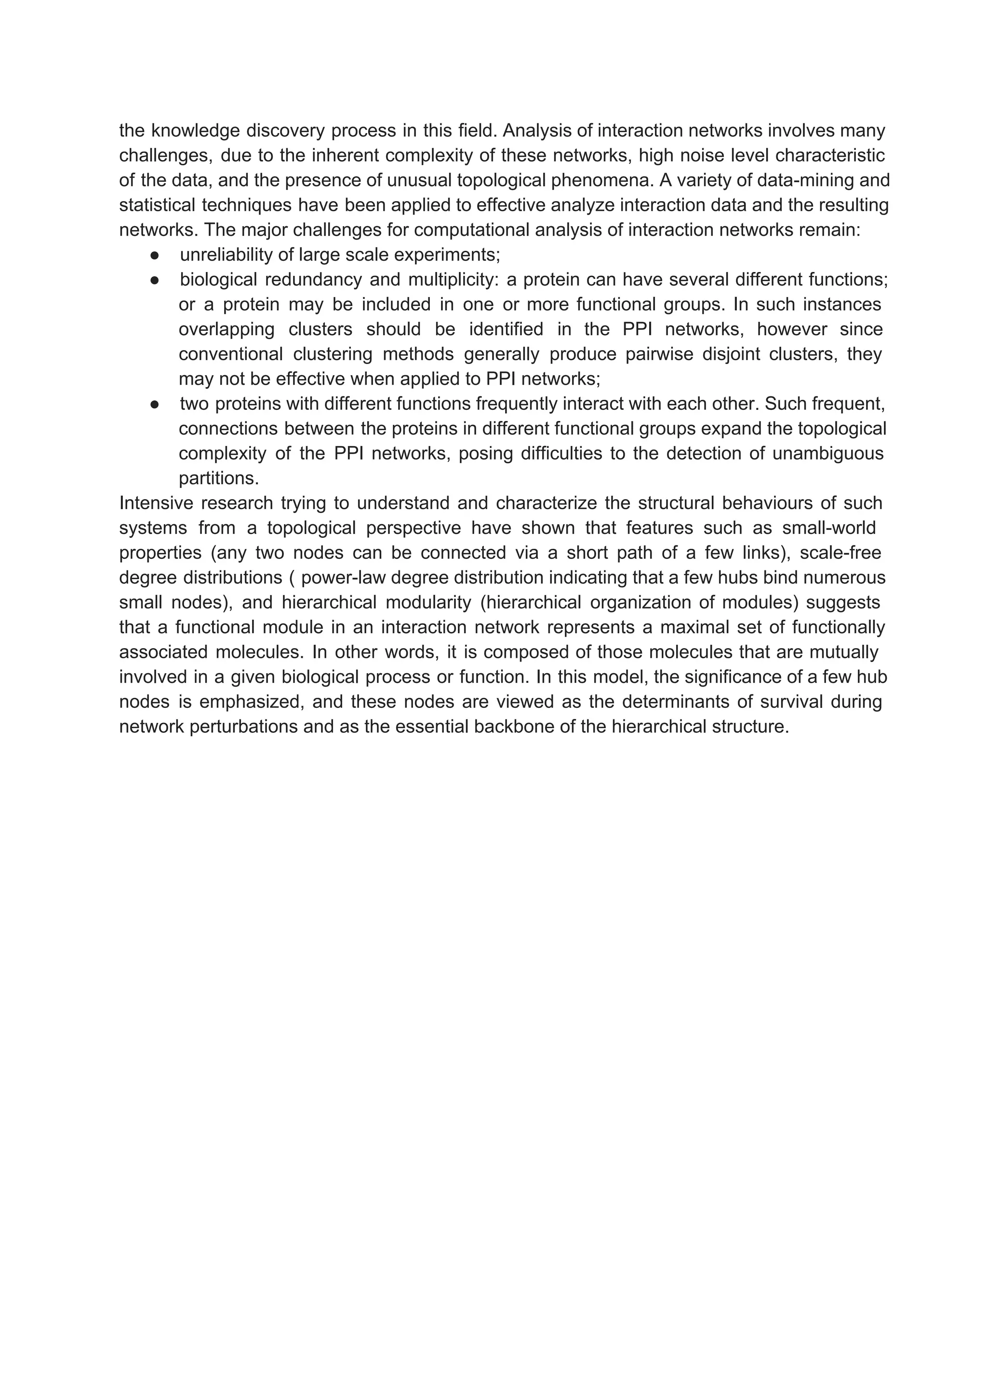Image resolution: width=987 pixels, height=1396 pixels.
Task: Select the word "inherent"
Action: point(346,156)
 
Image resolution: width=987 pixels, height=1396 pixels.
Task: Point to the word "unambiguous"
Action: point(828,454)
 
